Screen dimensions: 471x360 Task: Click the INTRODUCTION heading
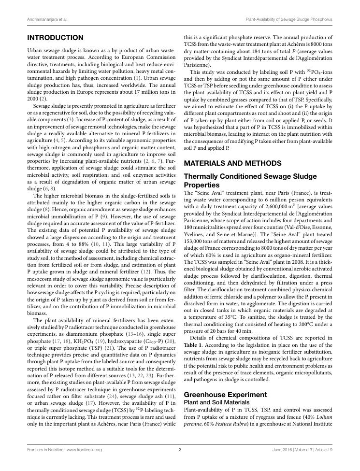[x=55, y=38]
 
